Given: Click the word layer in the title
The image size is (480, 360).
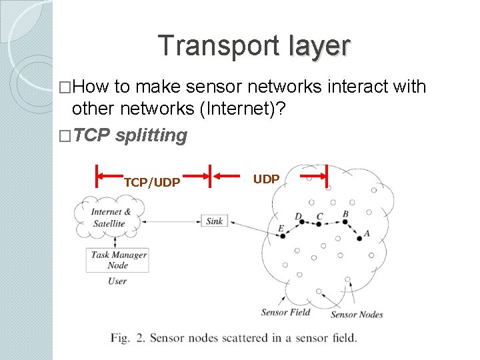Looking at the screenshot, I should click(x=319, y=46).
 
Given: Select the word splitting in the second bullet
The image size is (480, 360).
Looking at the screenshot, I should click(x=151, y=135).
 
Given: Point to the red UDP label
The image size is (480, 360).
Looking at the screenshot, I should click(x=266, y=179).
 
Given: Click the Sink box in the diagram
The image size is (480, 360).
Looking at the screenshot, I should click(x=214, y=221).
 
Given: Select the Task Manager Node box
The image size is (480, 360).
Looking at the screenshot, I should click(x=117, y=259).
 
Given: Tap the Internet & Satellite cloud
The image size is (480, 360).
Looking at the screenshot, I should click(x=111, y=218).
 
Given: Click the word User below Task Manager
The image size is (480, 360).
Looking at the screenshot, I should click(x=117, y=281).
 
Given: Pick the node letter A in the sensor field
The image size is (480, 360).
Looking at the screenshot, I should click(x=367, y=234).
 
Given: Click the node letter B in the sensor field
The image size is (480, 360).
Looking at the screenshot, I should click(x=345, y=215).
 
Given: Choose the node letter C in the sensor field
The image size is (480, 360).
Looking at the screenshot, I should click(x=320, y=216).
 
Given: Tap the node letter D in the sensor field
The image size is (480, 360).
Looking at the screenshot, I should click(x=298, y=217).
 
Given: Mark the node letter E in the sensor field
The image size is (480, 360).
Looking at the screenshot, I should click(x=281, y=229).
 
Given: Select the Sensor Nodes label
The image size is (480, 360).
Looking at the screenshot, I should click(x=357, y=314).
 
